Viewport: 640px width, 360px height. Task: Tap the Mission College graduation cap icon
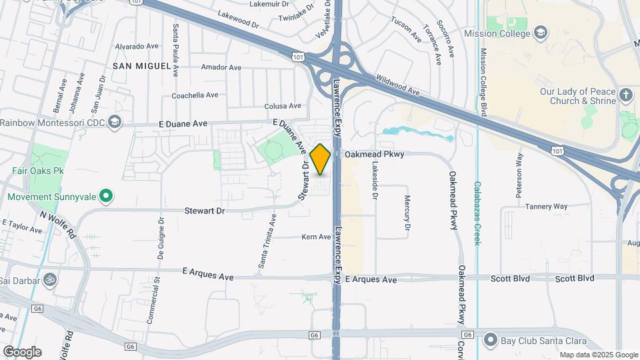(541, 32)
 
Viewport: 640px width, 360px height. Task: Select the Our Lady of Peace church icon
(625, 95)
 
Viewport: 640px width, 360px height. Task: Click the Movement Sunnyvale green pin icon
(105, 197)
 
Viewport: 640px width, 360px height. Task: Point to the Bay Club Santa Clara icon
(491, 341)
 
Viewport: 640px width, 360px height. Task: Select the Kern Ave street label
(316, 237)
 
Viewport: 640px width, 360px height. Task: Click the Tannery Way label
(546, 207)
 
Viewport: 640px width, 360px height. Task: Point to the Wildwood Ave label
(398, 83)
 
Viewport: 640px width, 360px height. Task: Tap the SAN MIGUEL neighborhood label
(137, 67)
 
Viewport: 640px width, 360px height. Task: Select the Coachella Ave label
(195, 95)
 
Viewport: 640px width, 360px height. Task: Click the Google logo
(22, 351)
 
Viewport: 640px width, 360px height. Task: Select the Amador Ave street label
(221, 67)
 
